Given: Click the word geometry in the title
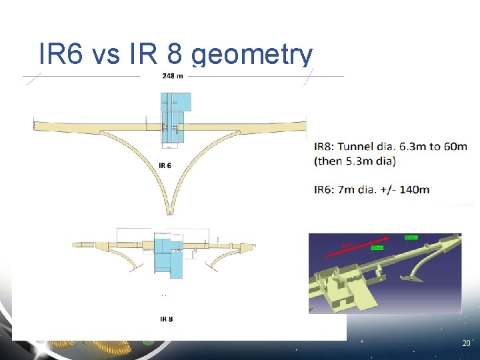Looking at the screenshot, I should click(252, 55).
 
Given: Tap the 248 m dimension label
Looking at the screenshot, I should click(173, 76).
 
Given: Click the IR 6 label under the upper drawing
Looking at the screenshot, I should click(165, 165).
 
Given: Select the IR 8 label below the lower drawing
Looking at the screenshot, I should click(166, 319).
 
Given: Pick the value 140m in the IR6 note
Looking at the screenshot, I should click(414, 189).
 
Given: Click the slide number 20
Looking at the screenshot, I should click(465, 343).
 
